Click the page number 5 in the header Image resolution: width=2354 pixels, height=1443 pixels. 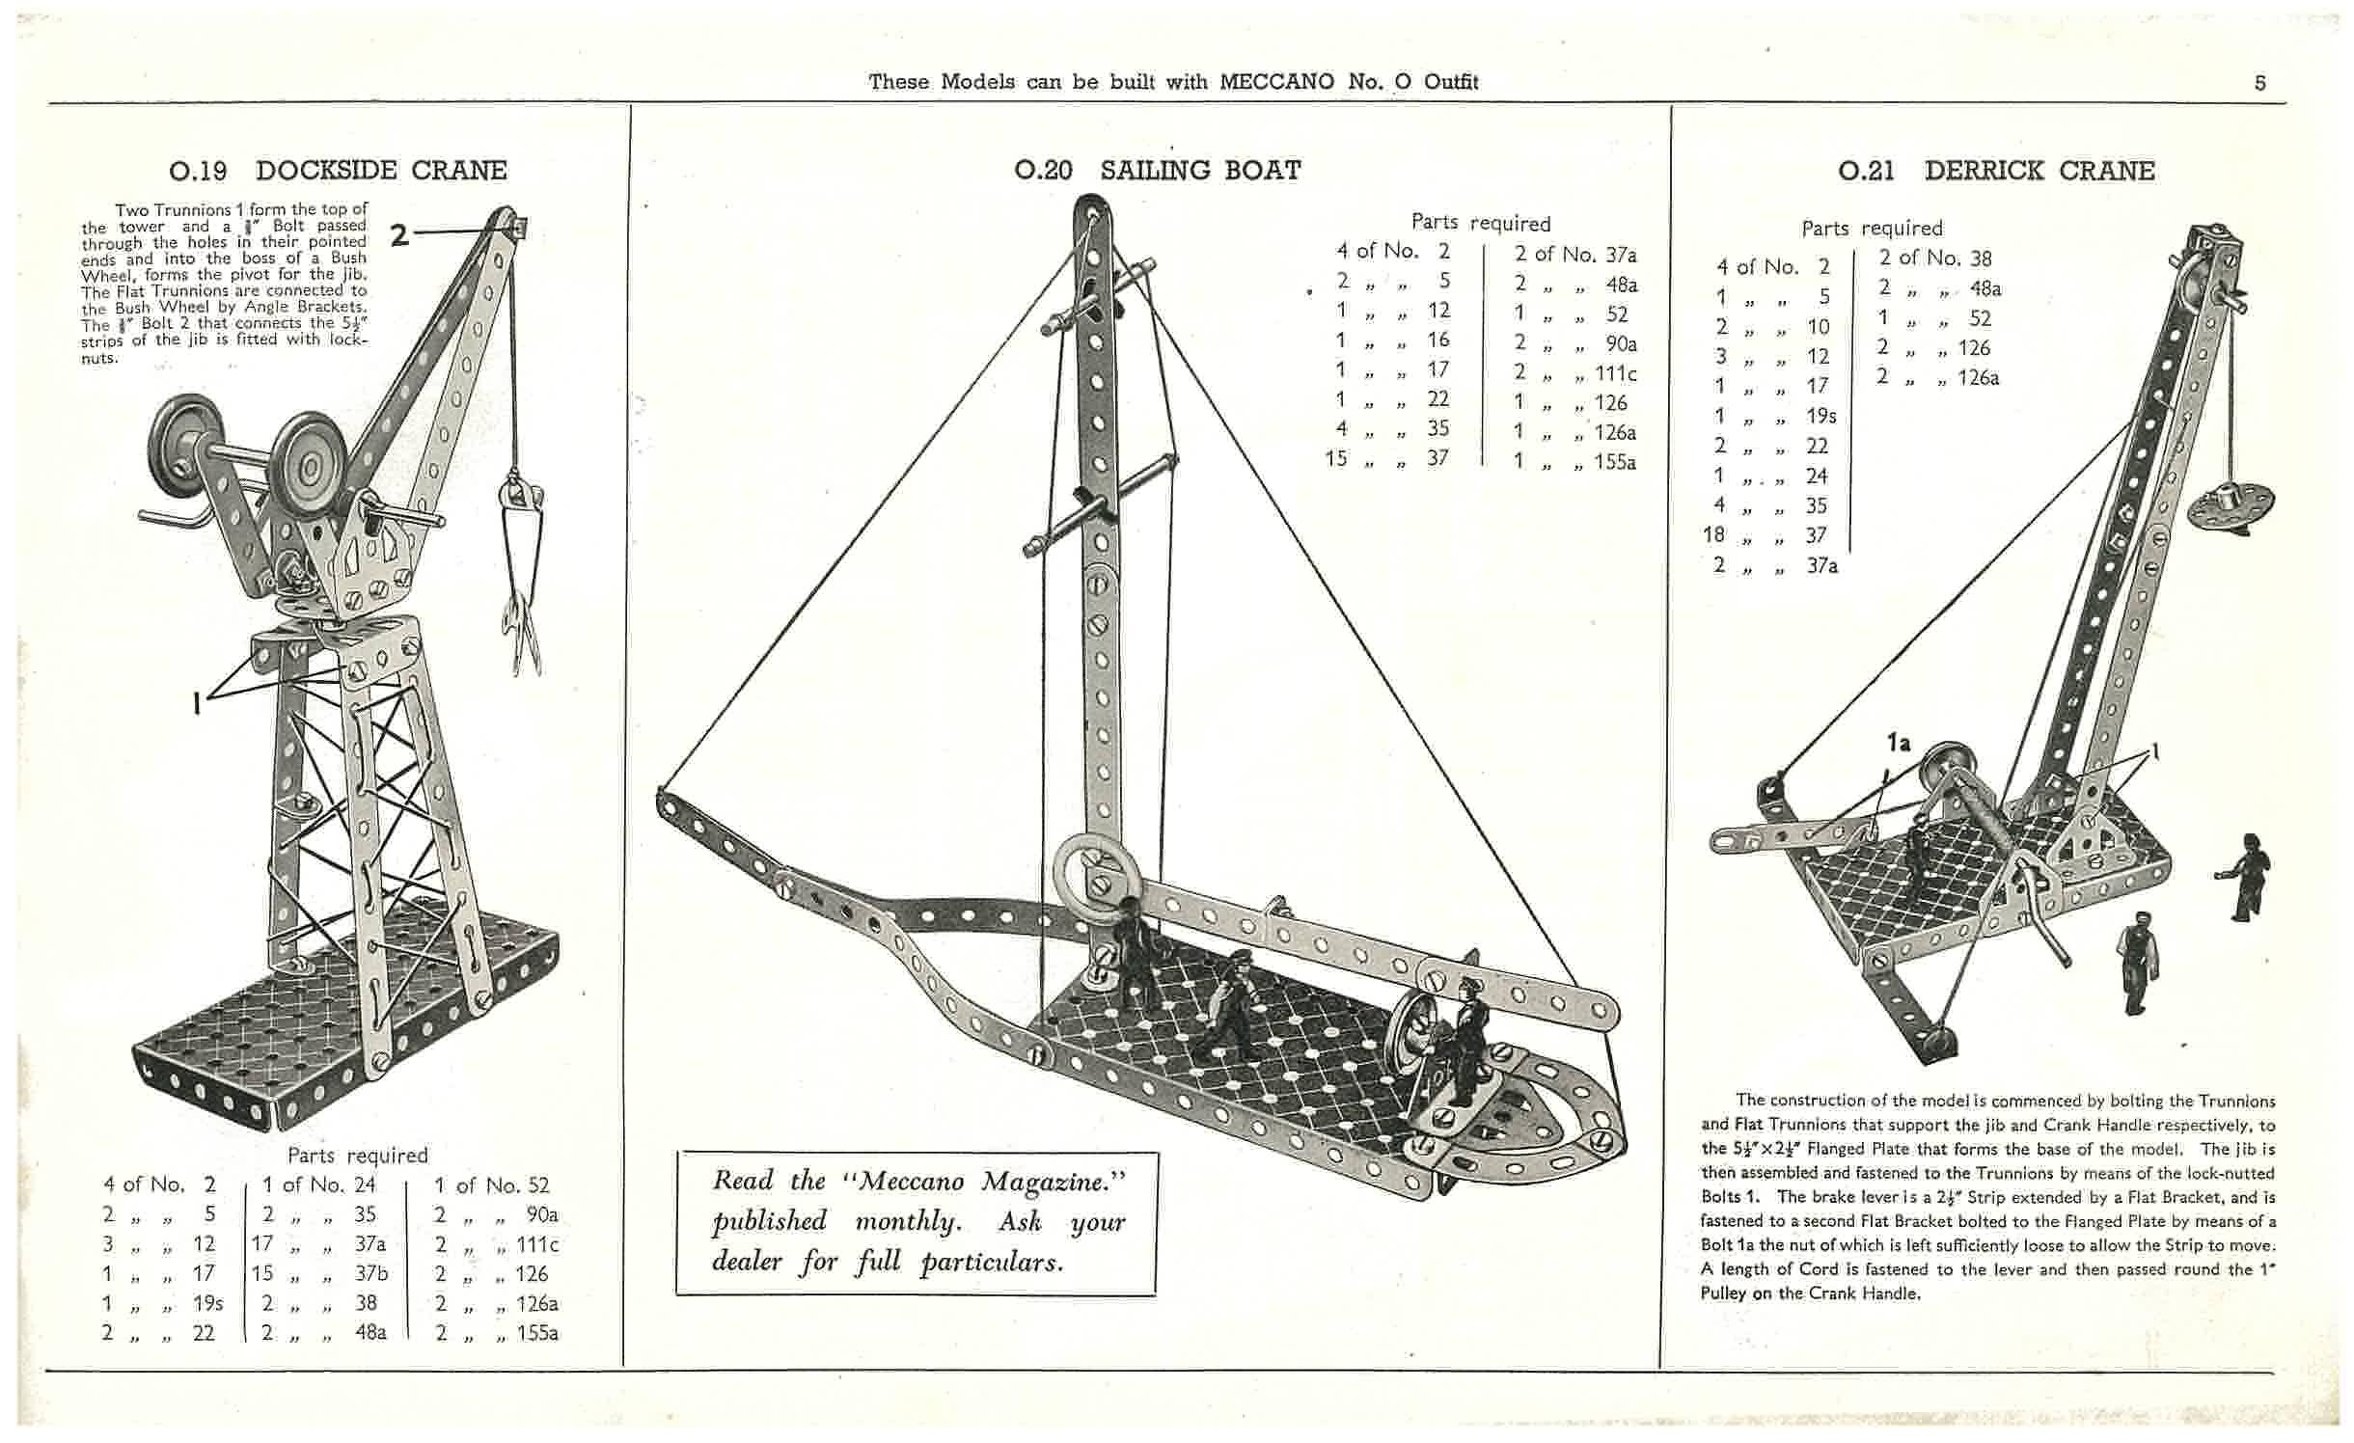(x=2260, y=83)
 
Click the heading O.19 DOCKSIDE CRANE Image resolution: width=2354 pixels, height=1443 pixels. (x=338, y=171)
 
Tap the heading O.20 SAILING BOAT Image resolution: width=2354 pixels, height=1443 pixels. (x=1157, y=171)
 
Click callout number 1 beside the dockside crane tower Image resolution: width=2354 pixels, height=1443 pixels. (x=198, y=704)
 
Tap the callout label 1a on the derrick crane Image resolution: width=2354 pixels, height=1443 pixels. (x=1898, y=743)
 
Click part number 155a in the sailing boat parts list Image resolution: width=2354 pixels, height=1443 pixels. (x=1613, y=461)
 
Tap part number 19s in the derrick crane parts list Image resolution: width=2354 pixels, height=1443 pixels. (x=1821, y=416)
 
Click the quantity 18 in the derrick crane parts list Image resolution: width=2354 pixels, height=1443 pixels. (x=1713, y=534)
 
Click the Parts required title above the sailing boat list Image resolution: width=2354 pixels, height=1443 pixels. (x=1481, y=223)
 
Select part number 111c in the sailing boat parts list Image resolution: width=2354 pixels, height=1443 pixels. (x=1615, y=373)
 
